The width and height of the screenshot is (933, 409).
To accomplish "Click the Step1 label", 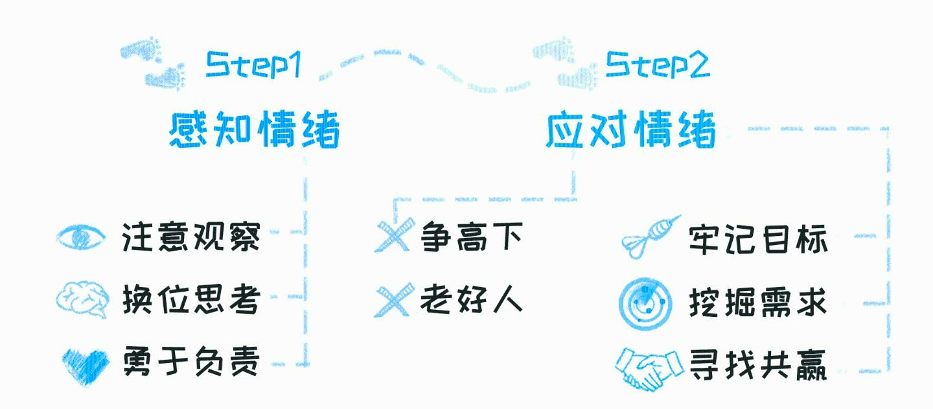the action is point(253,65).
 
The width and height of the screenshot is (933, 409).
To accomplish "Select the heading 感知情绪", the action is point(255,130).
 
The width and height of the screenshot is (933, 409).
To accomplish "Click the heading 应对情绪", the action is point(631,130).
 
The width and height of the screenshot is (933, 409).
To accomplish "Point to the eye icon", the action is point(80,237).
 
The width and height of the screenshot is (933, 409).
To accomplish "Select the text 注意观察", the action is point(191,237).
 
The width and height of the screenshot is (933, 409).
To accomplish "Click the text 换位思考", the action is point(191,299).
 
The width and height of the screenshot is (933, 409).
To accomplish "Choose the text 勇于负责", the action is point(191,362).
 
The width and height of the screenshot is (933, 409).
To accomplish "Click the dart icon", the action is point(649,237).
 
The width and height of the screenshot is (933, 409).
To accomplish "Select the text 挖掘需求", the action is point(758,302).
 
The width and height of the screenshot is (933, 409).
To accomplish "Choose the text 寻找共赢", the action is point(758,364).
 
